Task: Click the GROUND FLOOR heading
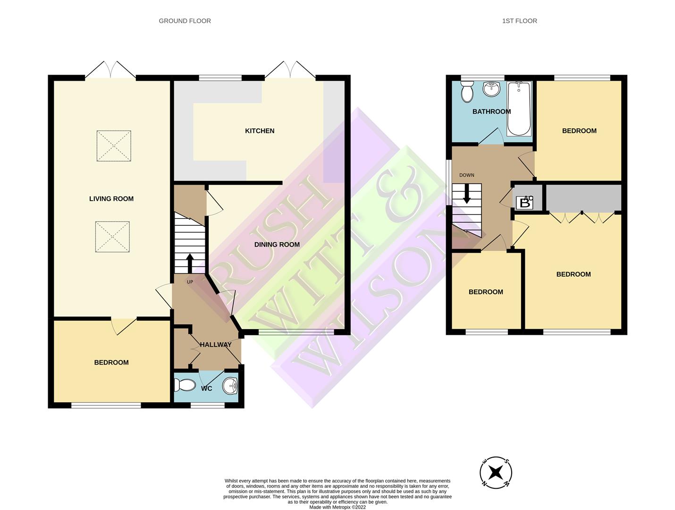pos(185,21)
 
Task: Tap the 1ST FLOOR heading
pos(519,21)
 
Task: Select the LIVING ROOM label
pos(111,199)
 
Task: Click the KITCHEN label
pos(260,131)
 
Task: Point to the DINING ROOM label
pos(277,245)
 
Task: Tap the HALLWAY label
pos(216,345)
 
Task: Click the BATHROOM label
pos(491,111)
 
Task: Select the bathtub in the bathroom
pos(519,108)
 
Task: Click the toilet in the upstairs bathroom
pos(467,91)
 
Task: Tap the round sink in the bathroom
pos(491,89)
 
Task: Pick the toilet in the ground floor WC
pos(185,385)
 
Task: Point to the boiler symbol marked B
pos(524,203)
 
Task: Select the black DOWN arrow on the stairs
pos(467,194)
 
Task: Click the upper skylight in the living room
pos(114,146)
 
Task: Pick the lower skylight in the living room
pos(112,237)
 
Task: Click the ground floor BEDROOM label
pos(111,362)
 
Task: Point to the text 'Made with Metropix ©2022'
pos(337,507)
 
